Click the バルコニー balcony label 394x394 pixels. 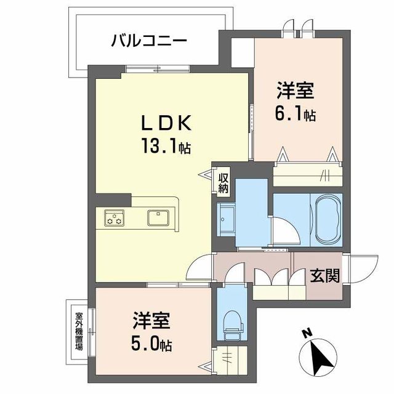149,42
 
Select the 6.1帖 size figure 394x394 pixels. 294,115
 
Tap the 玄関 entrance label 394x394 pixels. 324,275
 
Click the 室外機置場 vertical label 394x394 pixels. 79,332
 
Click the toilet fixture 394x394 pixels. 233,325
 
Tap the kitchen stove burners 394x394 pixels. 115,217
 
